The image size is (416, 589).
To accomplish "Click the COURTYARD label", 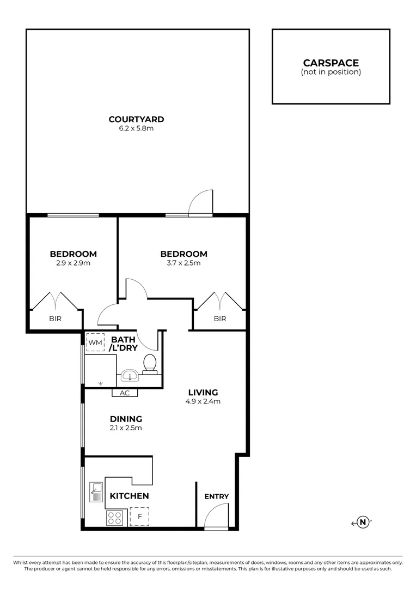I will click(136, 119).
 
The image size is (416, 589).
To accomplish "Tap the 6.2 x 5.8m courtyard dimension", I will click(136, 129).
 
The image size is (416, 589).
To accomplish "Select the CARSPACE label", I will click(331, 63).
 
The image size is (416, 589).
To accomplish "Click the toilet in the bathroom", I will click(149, 362).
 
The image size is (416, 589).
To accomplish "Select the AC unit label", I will click(125, 393).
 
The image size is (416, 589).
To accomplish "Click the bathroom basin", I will click(129, 376).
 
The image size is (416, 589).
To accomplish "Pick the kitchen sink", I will click(96, 492).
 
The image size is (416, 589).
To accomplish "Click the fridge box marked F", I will click(139, 516).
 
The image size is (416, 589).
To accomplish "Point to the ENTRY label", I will click(216, 496).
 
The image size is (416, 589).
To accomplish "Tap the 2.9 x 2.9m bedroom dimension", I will click(73, 263).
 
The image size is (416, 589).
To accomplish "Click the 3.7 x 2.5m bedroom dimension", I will click(183, 263).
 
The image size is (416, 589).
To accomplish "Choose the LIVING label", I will click(203, 392).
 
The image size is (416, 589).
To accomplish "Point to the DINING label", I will click(126, 419).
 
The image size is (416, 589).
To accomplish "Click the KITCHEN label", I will click(130, 496).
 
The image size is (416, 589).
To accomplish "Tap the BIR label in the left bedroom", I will click(56, 318).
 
